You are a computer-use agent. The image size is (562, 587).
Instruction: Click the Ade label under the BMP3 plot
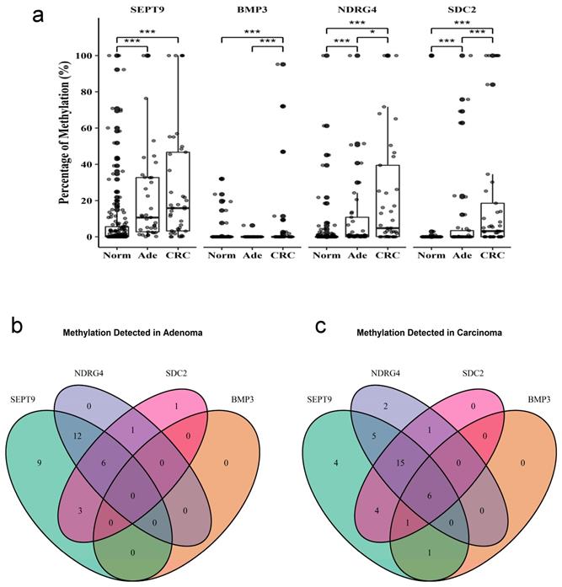point(252,252)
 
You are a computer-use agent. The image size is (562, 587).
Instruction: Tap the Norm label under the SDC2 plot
point(430,252)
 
